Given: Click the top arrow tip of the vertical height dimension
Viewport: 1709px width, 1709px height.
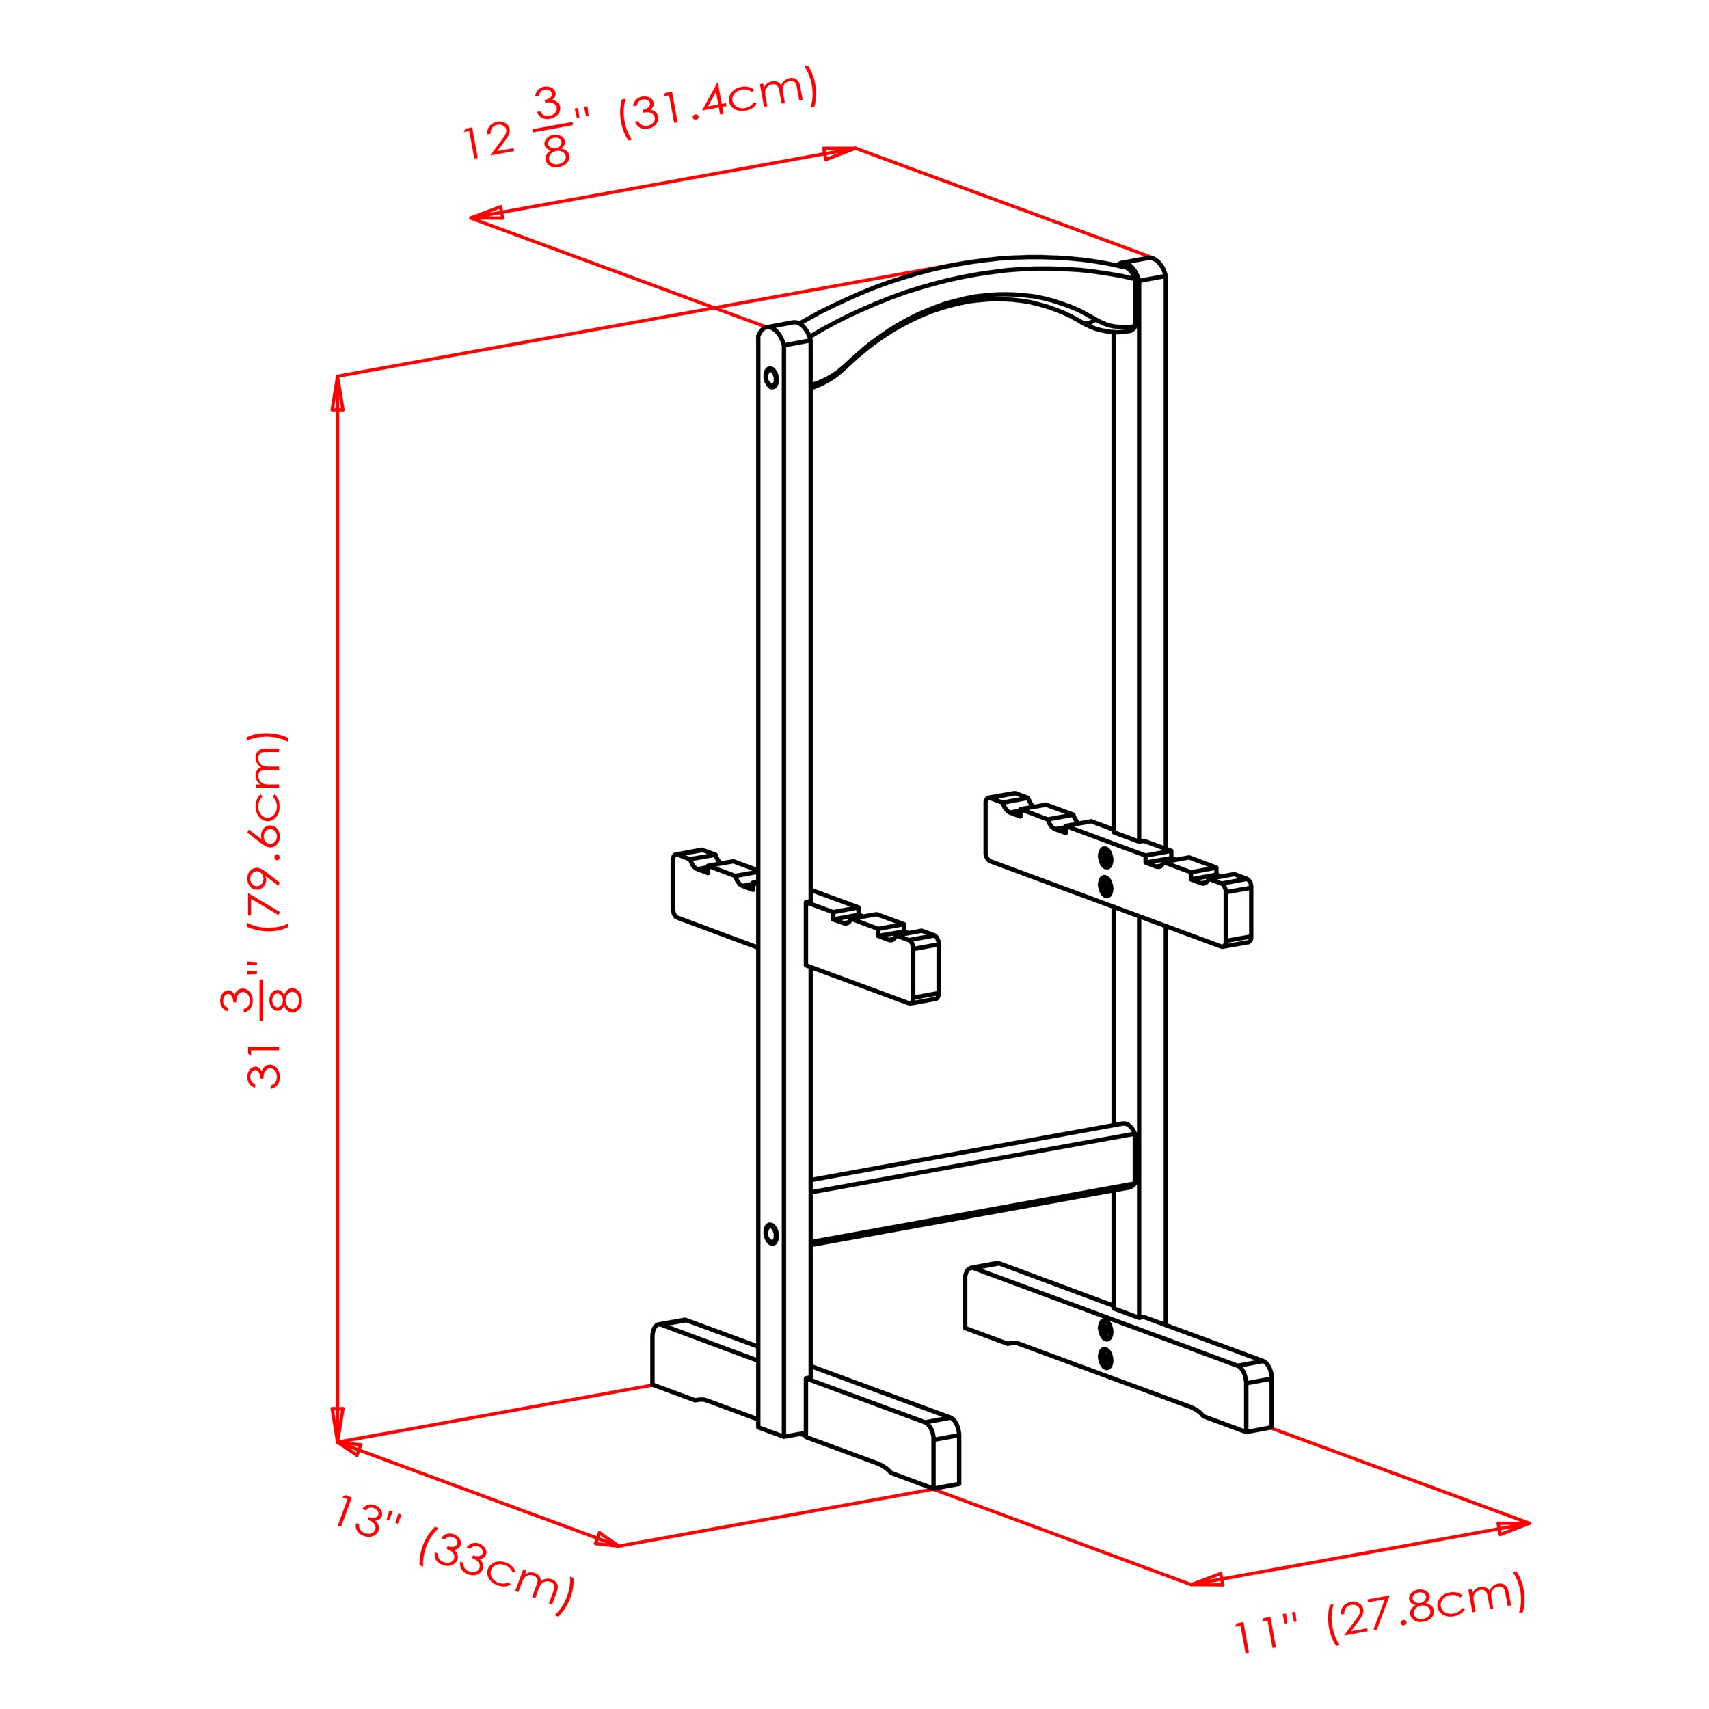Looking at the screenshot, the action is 337,377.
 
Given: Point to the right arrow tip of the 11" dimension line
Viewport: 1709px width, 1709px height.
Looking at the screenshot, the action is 1529,1522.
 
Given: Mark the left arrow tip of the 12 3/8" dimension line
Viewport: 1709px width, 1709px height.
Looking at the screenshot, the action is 470,217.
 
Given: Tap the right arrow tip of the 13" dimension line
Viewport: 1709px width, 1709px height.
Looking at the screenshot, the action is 619,1546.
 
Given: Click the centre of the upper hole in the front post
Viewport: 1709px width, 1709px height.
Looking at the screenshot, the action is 770,378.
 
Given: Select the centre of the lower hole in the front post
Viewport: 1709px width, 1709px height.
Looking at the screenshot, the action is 770,1234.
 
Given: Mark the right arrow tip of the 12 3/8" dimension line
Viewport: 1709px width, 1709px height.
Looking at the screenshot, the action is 854,148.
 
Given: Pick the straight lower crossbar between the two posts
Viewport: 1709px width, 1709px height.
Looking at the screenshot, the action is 972,1185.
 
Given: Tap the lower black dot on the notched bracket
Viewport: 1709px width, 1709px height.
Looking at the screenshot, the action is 1105,887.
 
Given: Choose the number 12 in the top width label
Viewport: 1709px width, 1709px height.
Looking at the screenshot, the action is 488,139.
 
